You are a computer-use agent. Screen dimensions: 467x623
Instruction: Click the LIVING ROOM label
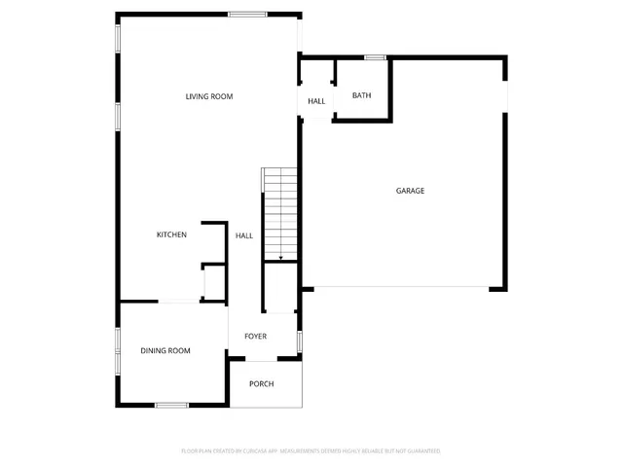coord(209,96)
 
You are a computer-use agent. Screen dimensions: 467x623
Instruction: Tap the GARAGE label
coord(410,191)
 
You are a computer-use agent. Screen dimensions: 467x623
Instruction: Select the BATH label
coord(361,95)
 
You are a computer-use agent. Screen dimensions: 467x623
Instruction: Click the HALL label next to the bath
coord(316,101)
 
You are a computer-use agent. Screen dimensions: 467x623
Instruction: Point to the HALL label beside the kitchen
coord(243,235)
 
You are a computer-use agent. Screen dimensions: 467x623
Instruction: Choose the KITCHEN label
coord(172,235)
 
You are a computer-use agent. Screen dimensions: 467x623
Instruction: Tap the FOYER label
coord(255,337)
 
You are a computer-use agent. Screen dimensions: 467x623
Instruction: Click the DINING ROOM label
coord(165,350)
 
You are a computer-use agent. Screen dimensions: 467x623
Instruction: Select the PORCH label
coord(261,384)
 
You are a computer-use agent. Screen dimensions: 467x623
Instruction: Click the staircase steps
coord(280,209)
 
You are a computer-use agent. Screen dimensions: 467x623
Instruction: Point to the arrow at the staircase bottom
coord(280,258)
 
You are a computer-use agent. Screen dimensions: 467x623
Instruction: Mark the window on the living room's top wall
coord(248,14)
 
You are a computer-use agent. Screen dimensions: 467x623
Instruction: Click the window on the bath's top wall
coord(375,58)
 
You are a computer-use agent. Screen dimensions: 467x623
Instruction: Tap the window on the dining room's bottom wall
coord(171,405)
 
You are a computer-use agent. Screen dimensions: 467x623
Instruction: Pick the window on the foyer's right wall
coord(300,341)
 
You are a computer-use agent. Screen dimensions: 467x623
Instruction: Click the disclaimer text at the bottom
coord(311,451)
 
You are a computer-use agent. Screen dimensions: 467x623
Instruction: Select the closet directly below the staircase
coord(280,288)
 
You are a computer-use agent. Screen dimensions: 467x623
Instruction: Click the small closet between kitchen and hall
coord(213,283)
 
